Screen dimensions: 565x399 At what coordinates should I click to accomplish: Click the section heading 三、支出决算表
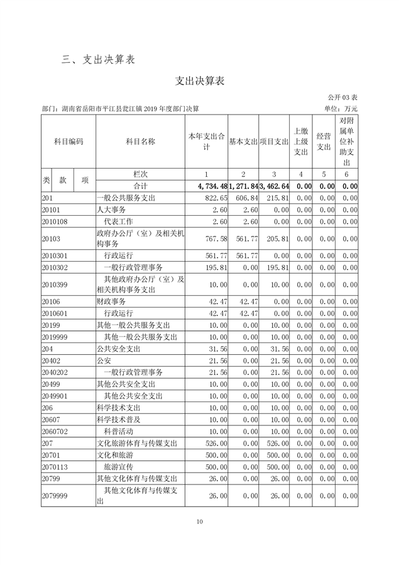[99, 60]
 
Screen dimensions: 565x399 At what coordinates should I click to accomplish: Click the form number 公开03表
[342, 98]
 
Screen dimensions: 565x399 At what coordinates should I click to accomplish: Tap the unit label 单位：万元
[341, 108]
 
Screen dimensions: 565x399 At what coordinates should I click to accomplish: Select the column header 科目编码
[68, 142]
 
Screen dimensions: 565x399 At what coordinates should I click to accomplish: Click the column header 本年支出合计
[206, 142]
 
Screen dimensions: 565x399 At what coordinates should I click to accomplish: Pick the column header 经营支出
[324, 142]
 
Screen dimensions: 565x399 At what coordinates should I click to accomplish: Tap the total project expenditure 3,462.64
[274, 186]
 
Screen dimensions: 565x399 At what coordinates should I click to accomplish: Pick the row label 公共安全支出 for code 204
[119, 349]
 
